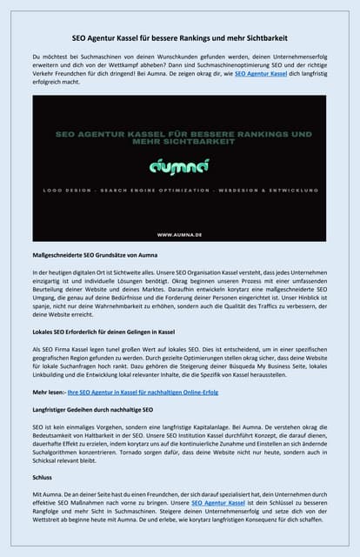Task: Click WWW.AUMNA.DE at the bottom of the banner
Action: tap(180, 234)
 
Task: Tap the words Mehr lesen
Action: tap(50, 393)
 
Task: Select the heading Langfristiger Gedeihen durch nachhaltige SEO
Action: tap(93, 408)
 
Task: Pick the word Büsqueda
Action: tap(248, 368)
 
